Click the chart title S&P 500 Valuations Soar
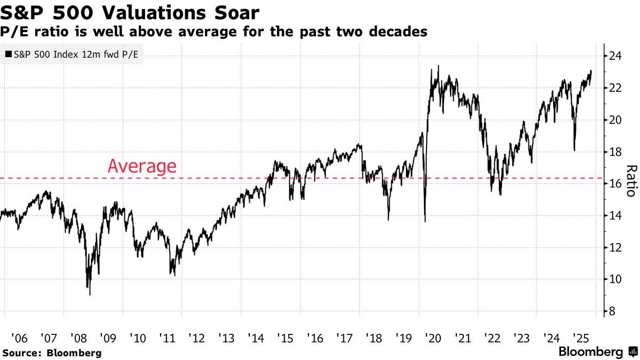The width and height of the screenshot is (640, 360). (x=131, y=12)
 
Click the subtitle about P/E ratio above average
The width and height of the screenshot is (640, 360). (x=214, y=32)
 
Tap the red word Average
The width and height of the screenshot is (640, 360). (x=141, y=166)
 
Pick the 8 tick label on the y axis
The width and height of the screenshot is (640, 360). (x=614, y=311)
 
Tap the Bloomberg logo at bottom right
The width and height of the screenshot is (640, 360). (x=597, y=352)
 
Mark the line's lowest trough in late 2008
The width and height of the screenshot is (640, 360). (x=90, y=294)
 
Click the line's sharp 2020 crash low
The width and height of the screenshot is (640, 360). (x=425, y=221)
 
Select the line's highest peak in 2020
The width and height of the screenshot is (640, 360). (x=438, y=66)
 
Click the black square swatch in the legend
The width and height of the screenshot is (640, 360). (x=7, y=54)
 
